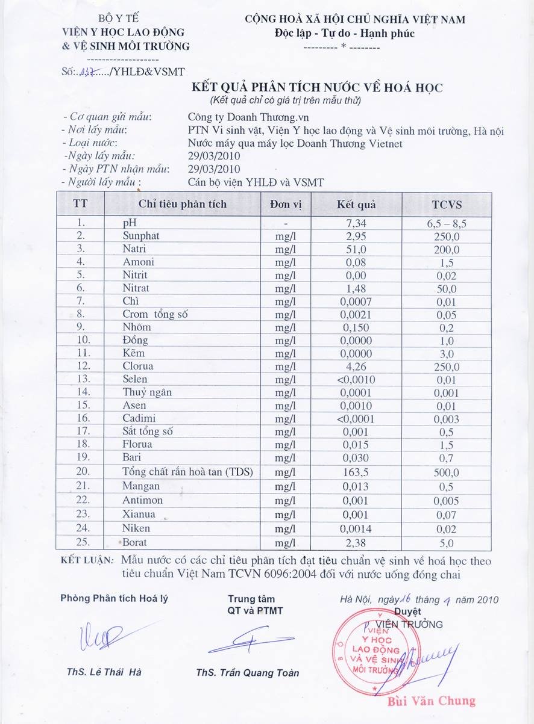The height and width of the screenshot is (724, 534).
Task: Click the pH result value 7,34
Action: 356,223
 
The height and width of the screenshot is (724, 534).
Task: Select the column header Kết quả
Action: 356,205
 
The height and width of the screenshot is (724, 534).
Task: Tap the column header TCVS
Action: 446,205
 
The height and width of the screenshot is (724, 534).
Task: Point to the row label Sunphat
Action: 141,236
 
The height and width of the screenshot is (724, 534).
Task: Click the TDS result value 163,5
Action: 356,472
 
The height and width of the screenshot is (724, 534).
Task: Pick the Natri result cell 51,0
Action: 356,249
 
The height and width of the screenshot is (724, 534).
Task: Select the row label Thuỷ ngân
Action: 147,392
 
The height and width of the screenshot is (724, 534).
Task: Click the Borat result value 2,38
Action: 356,543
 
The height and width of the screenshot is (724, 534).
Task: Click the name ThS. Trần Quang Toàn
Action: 247,673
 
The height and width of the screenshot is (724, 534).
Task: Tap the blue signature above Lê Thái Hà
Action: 99,637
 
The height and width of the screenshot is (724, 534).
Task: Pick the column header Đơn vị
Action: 286,205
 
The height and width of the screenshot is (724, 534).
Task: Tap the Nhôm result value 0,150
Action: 356,327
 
